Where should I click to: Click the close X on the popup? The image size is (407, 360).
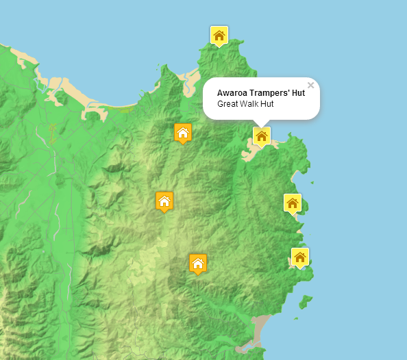click(x=310, y=86)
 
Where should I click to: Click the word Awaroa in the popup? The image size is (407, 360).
click(x=232, y=93)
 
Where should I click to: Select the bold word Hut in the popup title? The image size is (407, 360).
click(x=298, y=93)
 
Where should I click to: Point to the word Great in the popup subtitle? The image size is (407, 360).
click(x=227, y=104)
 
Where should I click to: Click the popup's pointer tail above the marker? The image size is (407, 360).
click(x=262, y=123)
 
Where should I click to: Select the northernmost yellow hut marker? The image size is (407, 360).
click(x=219, y=36)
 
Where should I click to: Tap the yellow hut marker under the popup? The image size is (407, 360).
click(x=261, y=136)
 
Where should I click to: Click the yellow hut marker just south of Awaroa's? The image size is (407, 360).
click(x=293, y=203)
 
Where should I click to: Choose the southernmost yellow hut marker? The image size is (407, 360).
click(x=299, y=257)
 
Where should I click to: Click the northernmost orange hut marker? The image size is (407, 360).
click(x=182, y=132)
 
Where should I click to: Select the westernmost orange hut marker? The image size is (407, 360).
click(x=164, y=201)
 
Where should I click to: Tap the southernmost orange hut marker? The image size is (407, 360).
click(x=198, y=263)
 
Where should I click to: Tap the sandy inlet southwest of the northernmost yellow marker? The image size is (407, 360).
click(x=190, y=77)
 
